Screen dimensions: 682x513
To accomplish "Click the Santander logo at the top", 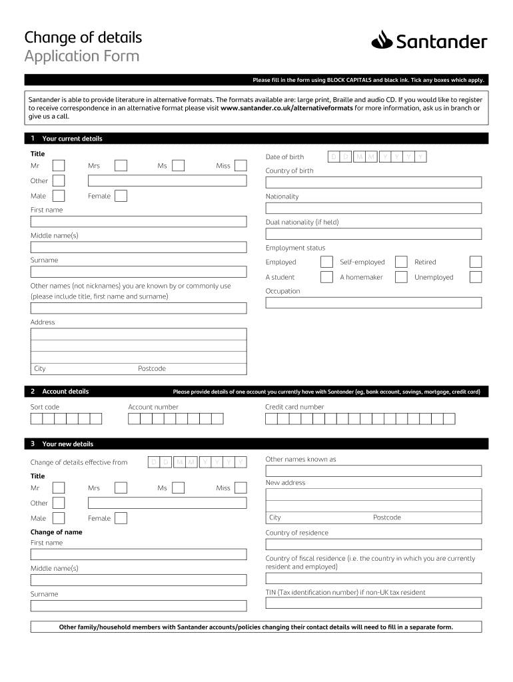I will coord(429,42).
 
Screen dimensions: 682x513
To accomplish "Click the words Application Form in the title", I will coord(82,56).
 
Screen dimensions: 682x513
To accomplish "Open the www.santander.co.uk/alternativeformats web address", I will coord(286,107).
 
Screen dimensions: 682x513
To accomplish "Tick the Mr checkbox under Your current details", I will coord(59,166).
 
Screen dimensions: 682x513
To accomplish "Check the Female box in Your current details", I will coord(121,196).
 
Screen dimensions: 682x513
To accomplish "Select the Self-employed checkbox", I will coord(400,262).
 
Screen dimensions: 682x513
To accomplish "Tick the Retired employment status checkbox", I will coord(475,262).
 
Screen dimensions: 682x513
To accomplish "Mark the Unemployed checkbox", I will coord(475,277).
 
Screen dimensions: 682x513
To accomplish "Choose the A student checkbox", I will coord(326,277).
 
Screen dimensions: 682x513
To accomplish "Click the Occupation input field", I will coord(373,302).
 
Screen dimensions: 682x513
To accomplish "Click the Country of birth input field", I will coord(373,182).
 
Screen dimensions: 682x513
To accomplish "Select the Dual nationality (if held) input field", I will coord(373,234).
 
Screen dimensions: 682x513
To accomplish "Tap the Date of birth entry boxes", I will coord(378,157).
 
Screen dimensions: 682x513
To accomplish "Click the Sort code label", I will coord(45,407).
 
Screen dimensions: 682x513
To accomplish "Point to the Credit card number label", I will coord(294,407).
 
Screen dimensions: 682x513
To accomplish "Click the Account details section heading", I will coord(65,392).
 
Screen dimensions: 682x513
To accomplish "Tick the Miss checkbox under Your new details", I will coord(240,488).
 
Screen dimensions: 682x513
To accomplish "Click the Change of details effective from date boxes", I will coord(197,462).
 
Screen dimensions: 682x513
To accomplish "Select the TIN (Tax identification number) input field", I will coord(373,603).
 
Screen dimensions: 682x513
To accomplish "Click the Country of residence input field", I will coord(373,543).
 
